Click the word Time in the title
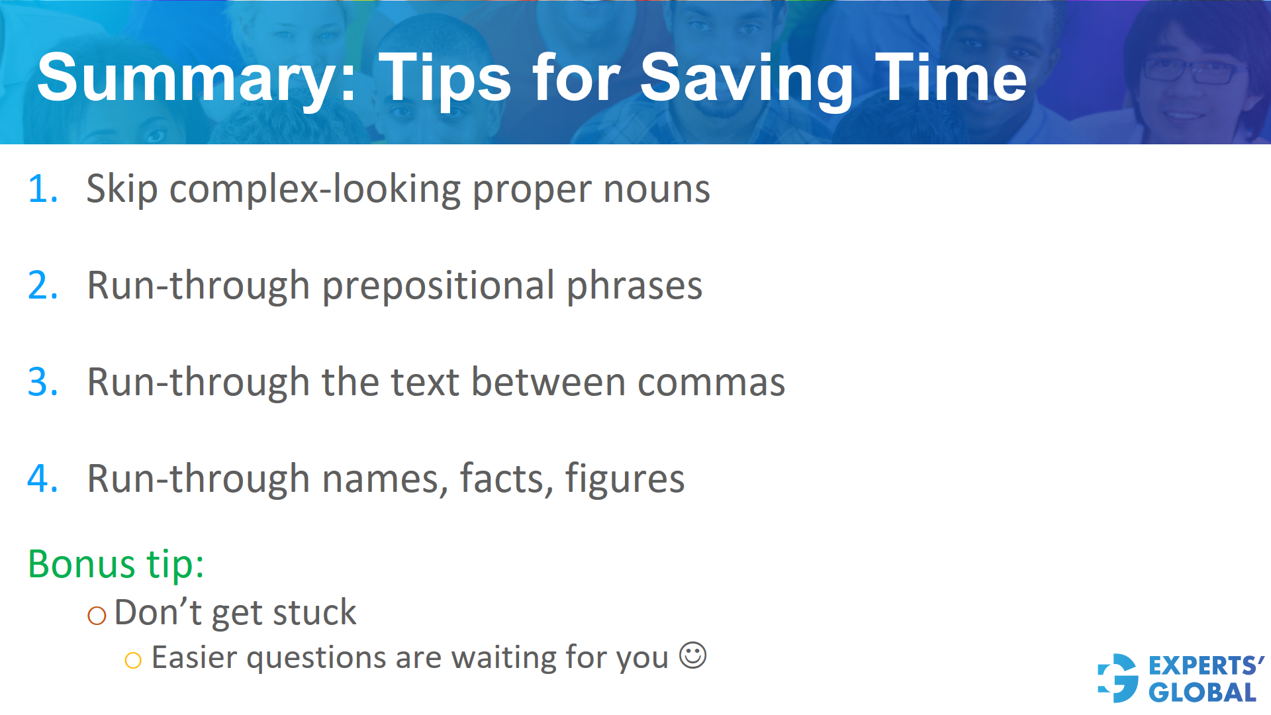[x=951, y=78]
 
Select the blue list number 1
[x=41, y=189]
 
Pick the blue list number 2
[x=41, y=286]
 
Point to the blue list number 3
[x=41, y=383]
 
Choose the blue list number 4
[x=41, y=479]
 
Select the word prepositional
[x=438, y=287]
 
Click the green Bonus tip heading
[x=116, y=565]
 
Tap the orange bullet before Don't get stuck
[x=97, y=616]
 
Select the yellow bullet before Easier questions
[x=133, y=660]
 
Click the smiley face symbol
[x=692, y=655]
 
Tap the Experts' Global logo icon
[x=1117, y=678]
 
